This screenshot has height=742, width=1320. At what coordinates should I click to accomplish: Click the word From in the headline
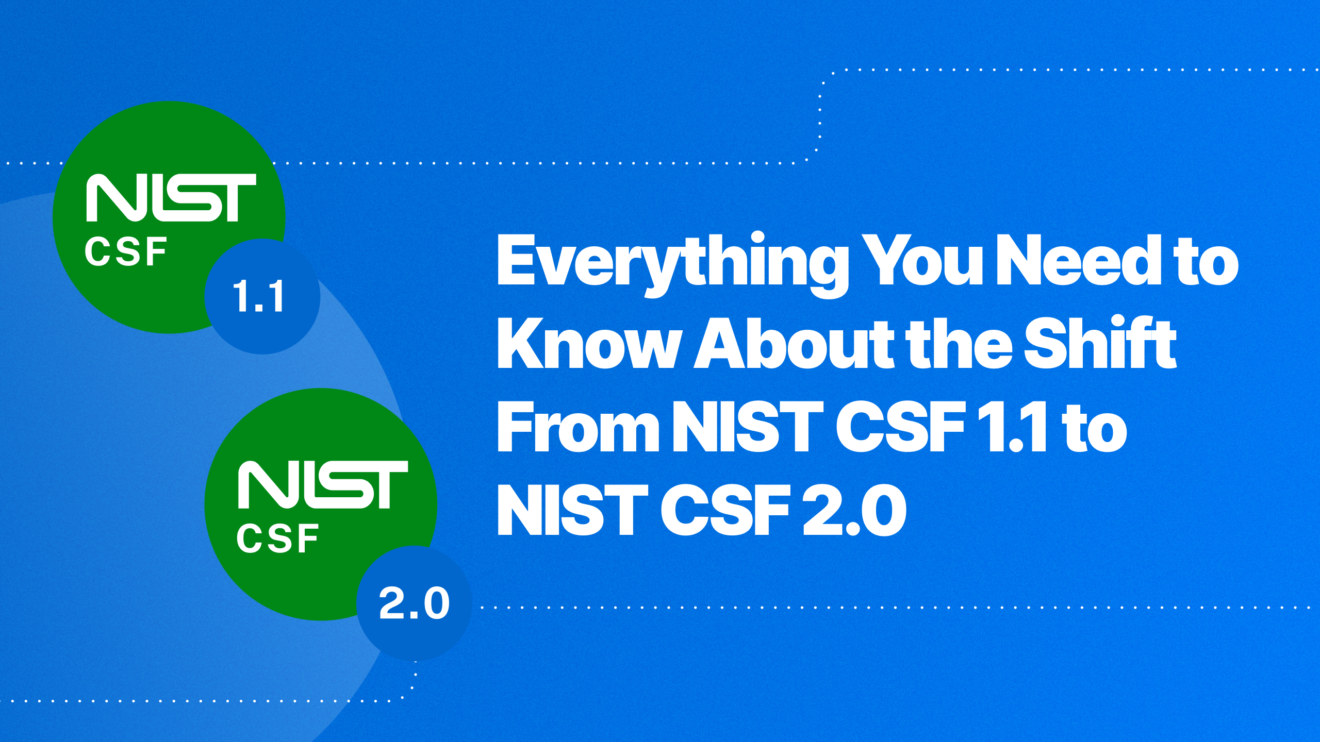[578, 428]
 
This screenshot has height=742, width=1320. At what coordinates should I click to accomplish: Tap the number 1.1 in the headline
[1015, 428]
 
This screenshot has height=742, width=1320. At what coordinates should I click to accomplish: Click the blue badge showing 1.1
[262, 296]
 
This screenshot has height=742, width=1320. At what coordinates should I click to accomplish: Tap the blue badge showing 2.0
[414, 603]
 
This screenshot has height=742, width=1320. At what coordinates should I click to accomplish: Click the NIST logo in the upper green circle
[171, 197]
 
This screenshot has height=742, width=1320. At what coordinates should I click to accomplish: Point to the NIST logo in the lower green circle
[323, 484]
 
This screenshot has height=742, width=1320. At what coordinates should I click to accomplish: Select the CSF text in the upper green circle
[126, 252]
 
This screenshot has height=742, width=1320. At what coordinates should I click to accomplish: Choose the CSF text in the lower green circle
[277, 538]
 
